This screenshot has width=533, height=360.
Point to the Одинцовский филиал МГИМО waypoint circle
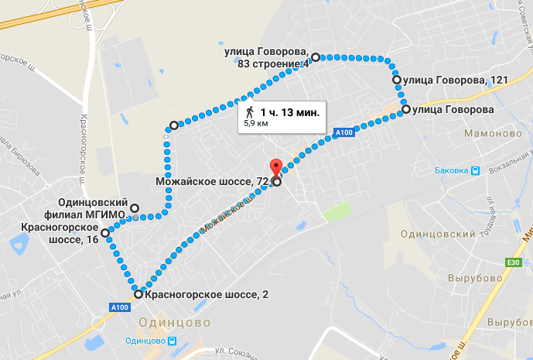tap(135, 208)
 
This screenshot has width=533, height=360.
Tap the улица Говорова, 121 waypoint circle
tap(397, 80)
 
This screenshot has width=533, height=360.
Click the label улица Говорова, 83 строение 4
tap(266, 58)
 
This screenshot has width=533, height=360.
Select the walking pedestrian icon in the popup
tap(249, 111)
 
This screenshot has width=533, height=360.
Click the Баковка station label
tap(453, 171)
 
